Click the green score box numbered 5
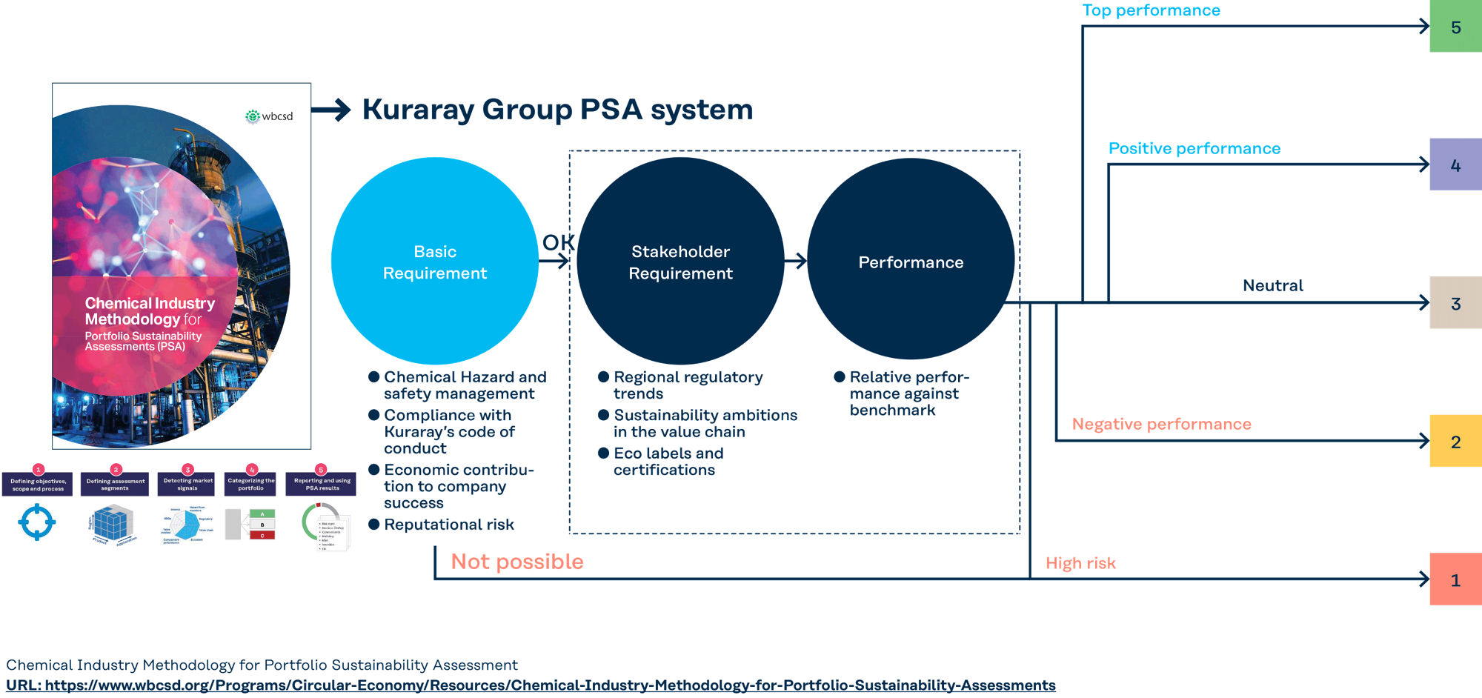[1455, 27]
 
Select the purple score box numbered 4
[1455, 164]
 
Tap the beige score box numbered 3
[1455, 303]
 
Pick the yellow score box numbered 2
[1455, 441]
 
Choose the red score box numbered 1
[1455, 579]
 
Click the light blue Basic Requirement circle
[435, 262]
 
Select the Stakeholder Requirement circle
[680, 262]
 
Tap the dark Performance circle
[911, 262]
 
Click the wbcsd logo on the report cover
[270, 116]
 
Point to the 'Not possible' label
[517, 562]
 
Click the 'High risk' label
[1080, 563]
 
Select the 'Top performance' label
[1151, 10]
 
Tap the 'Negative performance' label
[1161, 424]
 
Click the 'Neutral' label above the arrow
[1272, 285]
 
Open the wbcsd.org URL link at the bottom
[531, 685]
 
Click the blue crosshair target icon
[37, 522]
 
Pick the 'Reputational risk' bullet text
[448, 525]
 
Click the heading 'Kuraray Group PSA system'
[557, 110]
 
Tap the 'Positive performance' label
[1194, 148]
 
